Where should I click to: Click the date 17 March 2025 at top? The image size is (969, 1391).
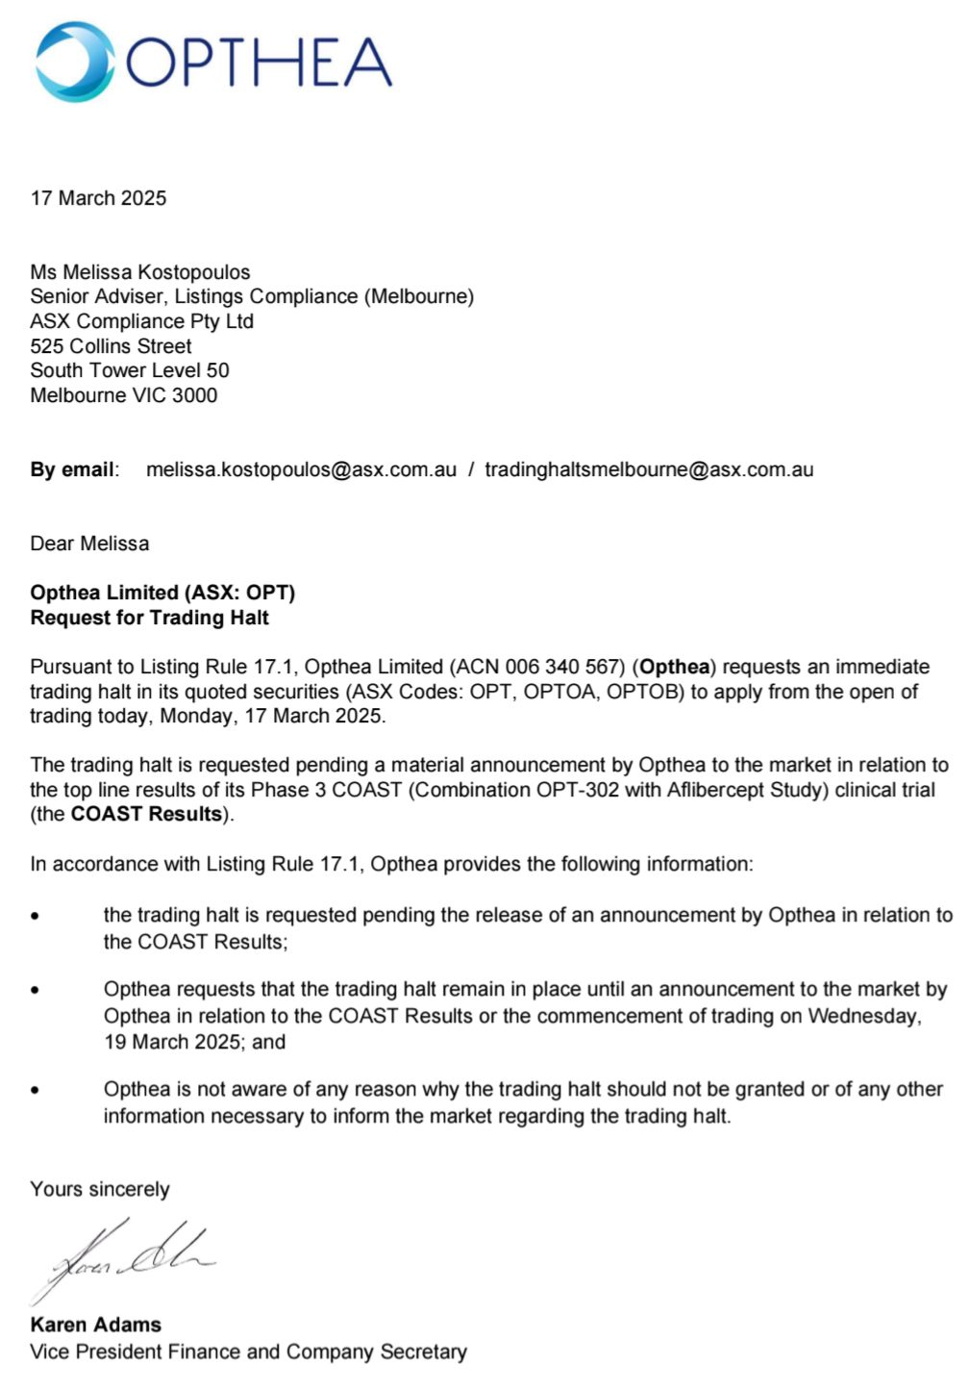click(98, 198)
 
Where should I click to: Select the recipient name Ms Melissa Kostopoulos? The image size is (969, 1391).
click(140, 272)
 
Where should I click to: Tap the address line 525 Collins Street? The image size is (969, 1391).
click(111, 346)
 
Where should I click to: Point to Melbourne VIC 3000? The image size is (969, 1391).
click(123, 395)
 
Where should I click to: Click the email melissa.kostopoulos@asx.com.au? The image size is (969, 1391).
click(301, 469)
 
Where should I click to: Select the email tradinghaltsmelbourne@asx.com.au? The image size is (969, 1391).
click(649, 469)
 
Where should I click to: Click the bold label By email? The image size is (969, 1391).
click(72, 469)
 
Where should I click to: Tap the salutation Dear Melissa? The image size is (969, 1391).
click(89, 544)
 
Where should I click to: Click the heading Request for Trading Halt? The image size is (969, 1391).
click(149, 618)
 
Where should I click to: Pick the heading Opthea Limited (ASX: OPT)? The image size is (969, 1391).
click(162, 593)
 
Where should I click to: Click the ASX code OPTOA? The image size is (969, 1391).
click(559, 692)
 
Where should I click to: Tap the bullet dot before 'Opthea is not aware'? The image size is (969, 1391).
click(36, 1091)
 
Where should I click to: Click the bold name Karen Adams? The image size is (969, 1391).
click(95, 1325)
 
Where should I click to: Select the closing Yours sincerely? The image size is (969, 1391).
click(99, 1189)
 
